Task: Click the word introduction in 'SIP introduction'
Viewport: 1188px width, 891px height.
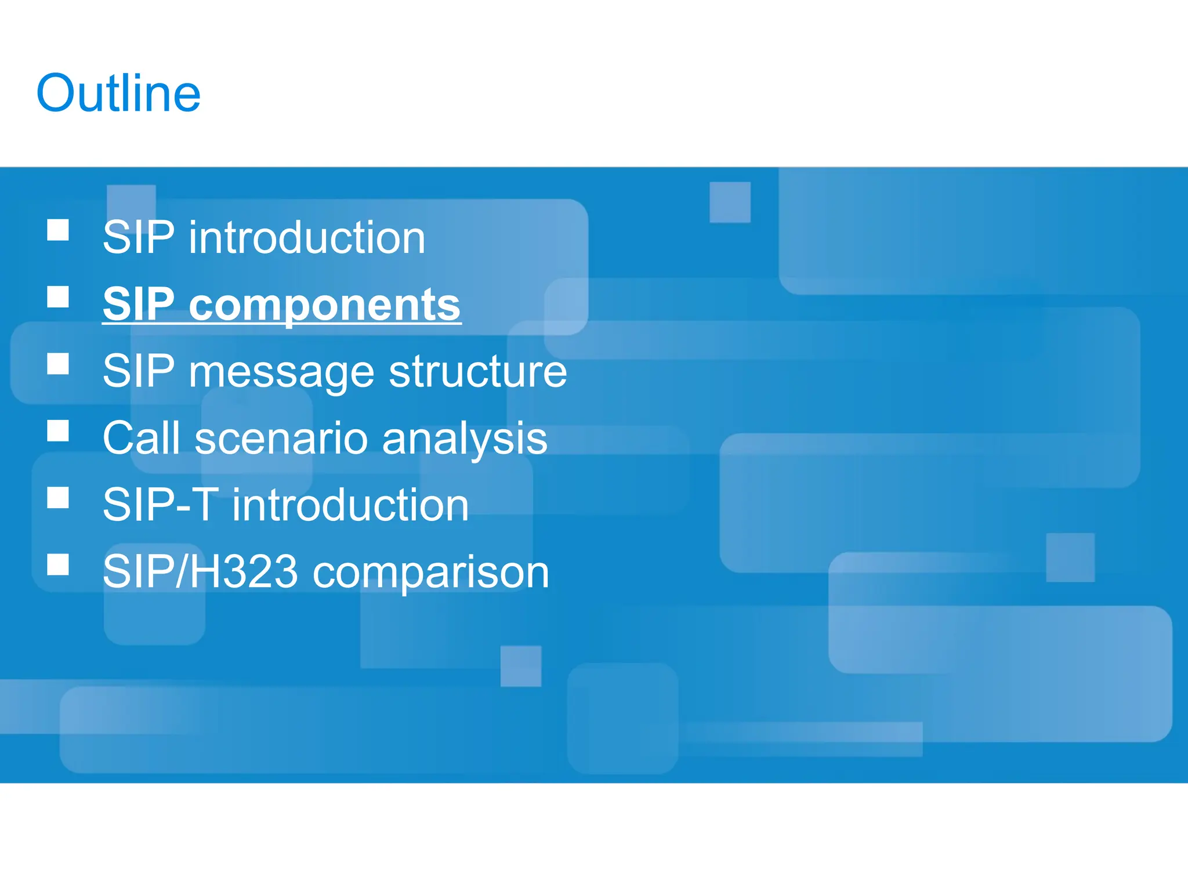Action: coord(307,238)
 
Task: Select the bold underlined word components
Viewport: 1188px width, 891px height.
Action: coord(324,305)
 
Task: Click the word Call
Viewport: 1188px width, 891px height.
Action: coord(141,438)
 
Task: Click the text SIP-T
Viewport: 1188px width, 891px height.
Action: coord(161,505)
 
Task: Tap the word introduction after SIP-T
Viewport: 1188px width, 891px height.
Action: coord(350,505)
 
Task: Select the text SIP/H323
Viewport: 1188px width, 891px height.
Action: coord(200,572)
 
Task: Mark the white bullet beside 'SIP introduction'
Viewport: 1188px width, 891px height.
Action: coord(58,230)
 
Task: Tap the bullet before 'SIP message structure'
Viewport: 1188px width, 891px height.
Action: coord(58,364)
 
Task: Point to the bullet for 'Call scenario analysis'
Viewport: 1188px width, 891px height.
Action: coord(58,431)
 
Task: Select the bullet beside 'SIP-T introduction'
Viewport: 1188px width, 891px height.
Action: coord(58,498)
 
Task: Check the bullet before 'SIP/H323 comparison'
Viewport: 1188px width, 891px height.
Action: coord(58,564)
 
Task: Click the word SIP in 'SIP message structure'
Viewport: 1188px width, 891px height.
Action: coord(138,371)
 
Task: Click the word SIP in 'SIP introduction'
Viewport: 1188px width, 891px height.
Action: coord(138,238)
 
